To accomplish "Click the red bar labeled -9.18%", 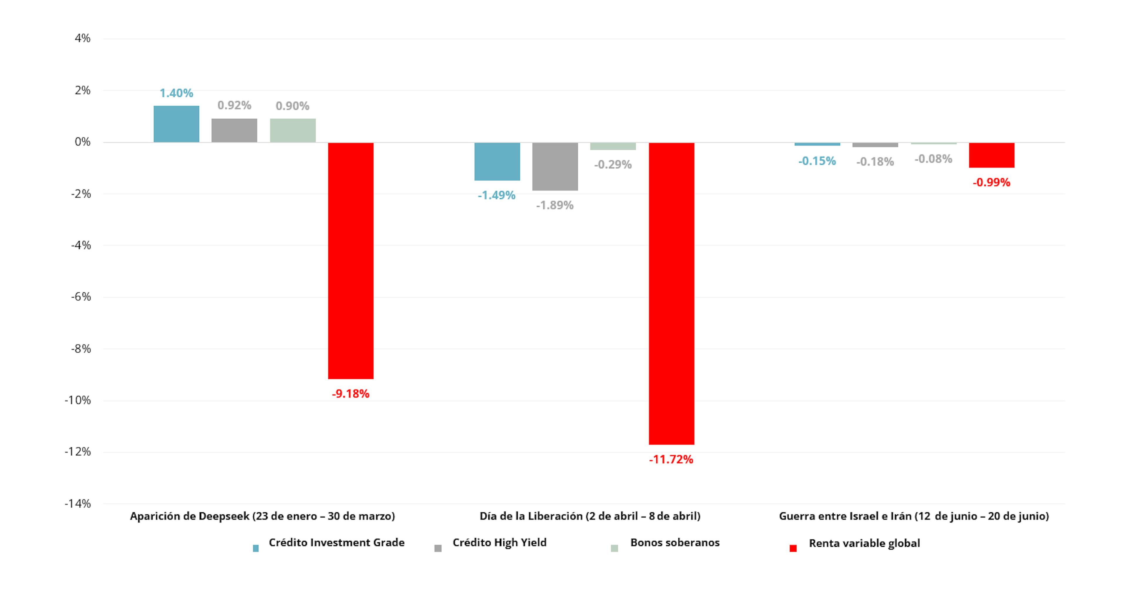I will click(351, 261).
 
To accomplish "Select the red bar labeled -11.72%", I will click(672, 294).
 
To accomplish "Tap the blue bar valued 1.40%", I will click(176, 124).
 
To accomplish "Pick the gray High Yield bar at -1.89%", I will click(555, 166).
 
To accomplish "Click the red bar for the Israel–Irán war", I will click(991, 155).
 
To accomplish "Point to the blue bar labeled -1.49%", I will click(497, 161).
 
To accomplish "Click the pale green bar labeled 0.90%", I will click(293, 130).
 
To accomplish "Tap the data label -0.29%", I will click(613, 165).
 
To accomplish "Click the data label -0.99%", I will click(991, 182).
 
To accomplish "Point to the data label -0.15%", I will click(817, 161).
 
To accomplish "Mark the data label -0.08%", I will click(933, 159).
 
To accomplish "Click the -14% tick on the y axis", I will click(78, 504).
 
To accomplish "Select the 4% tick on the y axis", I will click(82, 38).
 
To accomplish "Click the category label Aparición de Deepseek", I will click(262, 516).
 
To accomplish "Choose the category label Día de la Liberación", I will click(589, 516).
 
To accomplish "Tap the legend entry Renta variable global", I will click(864, 544).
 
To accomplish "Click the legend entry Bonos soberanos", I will click(674, 543).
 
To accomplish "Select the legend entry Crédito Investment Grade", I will click(336, 543).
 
